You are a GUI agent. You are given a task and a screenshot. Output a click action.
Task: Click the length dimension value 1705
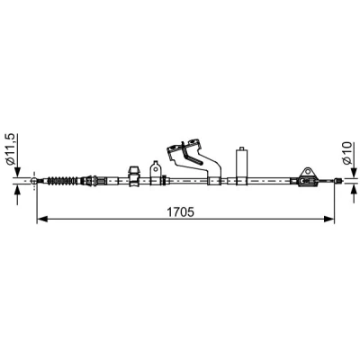point(180,212)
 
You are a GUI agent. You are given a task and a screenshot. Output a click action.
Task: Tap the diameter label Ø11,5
point(11,149)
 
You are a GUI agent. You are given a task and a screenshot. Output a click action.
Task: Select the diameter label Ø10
point(347,153)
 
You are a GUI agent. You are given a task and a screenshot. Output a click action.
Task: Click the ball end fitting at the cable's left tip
point(34,181)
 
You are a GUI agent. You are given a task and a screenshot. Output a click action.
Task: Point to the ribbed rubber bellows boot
point(62,181)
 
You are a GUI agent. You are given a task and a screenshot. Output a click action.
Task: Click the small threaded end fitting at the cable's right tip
point(337,181)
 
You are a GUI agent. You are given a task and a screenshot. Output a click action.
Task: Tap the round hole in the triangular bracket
point(307,172)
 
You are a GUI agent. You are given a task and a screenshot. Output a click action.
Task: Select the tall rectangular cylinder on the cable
point(242,167)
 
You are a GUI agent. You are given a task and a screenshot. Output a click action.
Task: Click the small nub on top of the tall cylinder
point(241,148)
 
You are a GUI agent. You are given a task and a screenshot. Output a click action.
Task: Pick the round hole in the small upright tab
point(156,168)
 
